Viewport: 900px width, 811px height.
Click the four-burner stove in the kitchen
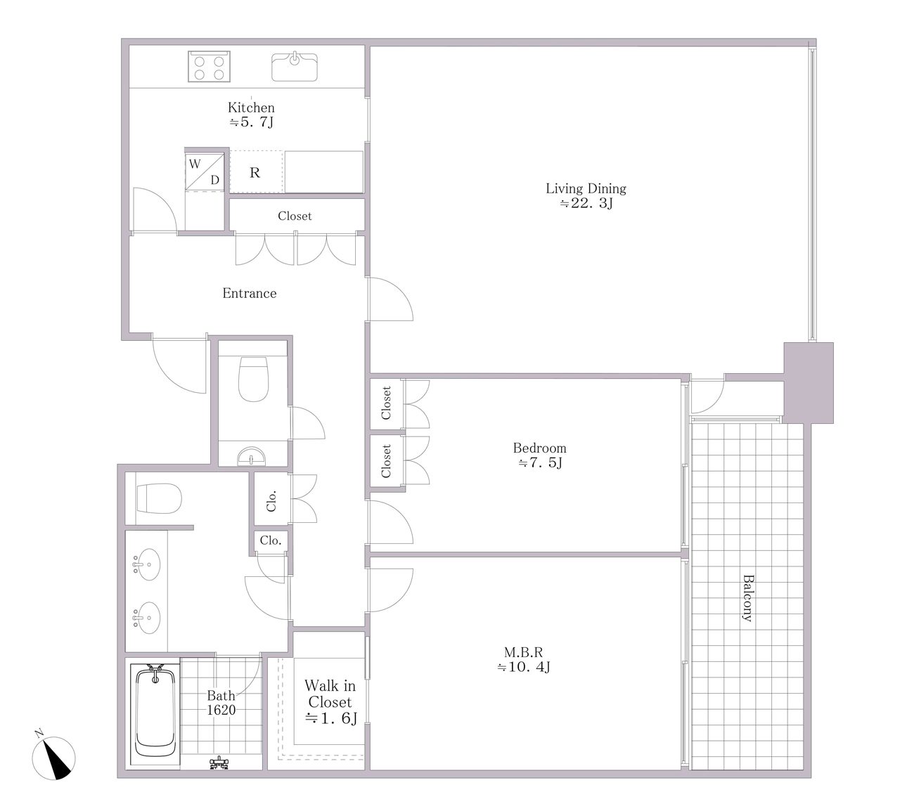pos(209,66)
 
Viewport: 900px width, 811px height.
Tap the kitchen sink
pos(295,67)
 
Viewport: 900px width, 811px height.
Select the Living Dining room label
pos(586,195)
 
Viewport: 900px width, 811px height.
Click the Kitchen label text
pos(251,108)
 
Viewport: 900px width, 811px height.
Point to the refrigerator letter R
pos(255,173)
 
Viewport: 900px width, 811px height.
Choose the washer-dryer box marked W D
pos(205,172)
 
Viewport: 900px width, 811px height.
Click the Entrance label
pos(250,293)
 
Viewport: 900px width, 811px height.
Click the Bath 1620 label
pos(221,703)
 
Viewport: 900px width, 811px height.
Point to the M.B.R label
pos(524,659)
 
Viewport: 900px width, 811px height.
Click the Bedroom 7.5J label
pos(540,455)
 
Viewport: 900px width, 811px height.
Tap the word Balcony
pos(747,598)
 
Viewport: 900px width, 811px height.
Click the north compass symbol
pos(54,758)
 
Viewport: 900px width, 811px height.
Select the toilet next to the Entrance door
pos(254,379)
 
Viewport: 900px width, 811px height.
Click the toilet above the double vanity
pos(160,498)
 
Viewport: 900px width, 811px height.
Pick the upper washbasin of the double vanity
pos(147,564)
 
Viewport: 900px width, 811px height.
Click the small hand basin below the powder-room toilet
pos(251,456)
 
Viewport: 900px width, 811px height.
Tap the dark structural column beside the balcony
pos(809,382)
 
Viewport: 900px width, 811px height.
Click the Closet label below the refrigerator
pos(295,216)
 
